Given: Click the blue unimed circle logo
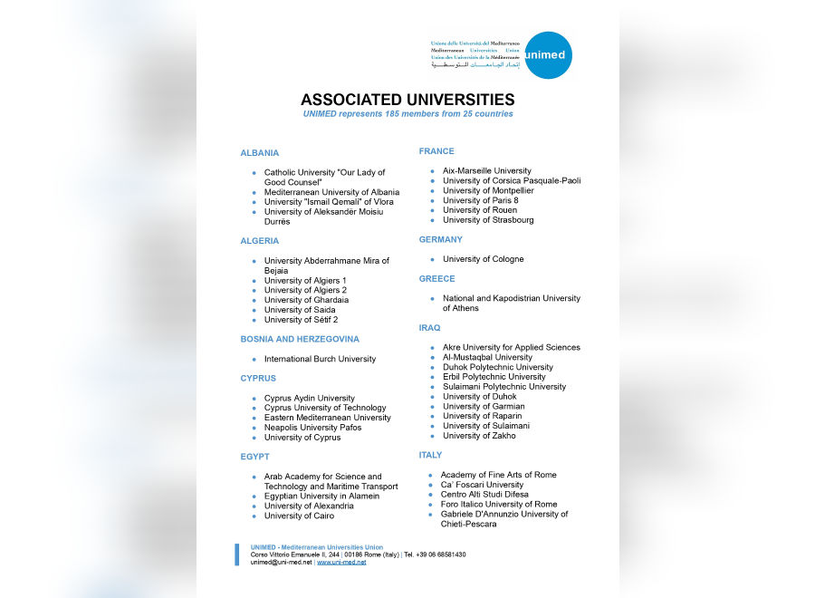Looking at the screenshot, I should (x=548, y=55).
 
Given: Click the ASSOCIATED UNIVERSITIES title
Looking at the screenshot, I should (x=407, y=100).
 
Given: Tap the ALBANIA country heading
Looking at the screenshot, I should (x=260, y=153).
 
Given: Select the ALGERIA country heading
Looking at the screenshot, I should (x=260, y=241).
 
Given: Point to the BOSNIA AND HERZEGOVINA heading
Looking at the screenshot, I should (x=300, y=339).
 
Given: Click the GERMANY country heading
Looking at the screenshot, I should (x=440, y=240).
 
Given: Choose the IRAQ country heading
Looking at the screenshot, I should (x=429, y=328).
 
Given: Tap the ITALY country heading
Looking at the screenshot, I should (x=430, y=455).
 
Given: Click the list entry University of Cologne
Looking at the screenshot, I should (x=483, y=259).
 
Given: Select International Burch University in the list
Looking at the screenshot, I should (x=320, y=359).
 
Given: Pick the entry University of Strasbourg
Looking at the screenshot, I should (x=488, y=220).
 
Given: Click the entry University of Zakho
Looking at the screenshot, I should (x=479, y=436).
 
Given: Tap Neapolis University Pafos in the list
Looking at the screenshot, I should (x=312, y=428).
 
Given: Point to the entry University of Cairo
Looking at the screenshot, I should (x=299, y=516).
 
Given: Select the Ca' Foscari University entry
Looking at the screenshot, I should (x=482, y=485).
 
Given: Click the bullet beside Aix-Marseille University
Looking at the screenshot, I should (x=433, y=171).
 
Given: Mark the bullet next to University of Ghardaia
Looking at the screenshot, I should (x=254, y=301).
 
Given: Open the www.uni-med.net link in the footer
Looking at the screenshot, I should (x=341, y=563).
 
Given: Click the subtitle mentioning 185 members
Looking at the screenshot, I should (x=407, y=114).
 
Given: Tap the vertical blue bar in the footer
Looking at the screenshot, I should (x=237, y=555).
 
